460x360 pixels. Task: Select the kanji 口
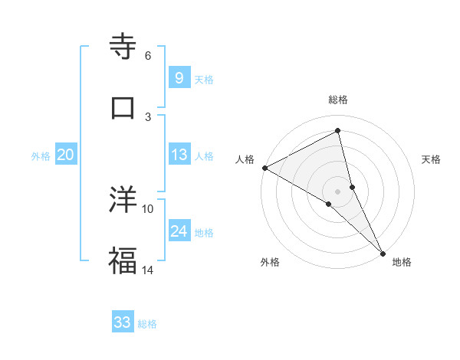coord(123,106)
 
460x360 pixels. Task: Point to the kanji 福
coord(123,260)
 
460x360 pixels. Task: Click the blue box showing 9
coord(179,77)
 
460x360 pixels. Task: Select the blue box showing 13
coord(179,155)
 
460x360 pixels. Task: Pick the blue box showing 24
coord(179,231)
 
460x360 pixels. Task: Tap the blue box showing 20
coord(65,155)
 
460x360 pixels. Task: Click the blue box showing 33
coord(123,322)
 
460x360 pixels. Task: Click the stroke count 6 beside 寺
coord(148,55)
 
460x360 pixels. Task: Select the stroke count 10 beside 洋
coord(148,208)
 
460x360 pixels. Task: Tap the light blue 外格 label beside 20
coord(41,156)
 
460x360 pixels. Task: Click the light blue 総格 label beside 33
coord(147,324)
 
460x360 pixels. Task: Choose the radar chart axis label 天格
coord(432,159)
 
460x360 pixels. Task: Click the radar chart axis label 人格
coord(245,159)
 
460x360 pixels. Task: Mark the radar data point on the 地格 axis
coord(383,252)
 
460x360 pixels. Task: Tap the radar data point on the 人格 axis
coord(264,168)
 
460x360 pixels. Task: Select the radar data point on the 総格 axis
coord(337,130)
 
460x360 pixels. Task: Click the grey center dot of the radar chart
coord(337,191)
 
